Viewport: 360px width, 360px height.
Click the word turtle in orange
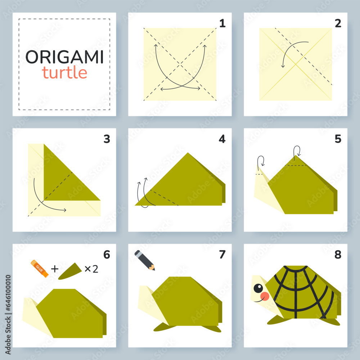point(64,72)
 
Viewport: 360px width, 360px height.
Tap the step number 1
point(222,24)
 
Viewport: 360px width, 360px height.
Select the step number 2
point(338,24)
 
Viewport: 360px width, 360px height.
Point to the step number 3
point(107,139)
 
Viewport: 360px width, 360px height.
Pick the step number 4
point(222,139)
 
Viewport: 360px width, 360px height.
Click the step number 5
point(338,139)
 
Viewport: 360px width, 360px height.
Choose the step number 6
point(107,255)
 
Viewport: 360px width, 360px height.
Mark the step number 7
point(222,255)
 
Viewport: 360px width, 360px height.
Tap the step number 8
point(338,255)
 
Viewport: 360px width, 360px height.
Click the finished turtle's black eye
point(258,288)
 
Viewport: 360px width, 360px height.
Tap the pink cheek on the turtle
point(265,296)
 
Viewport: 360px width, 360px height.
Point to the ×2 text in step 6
point(91,269)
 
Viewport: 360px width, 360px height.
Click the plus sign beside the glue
point(54,269)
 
